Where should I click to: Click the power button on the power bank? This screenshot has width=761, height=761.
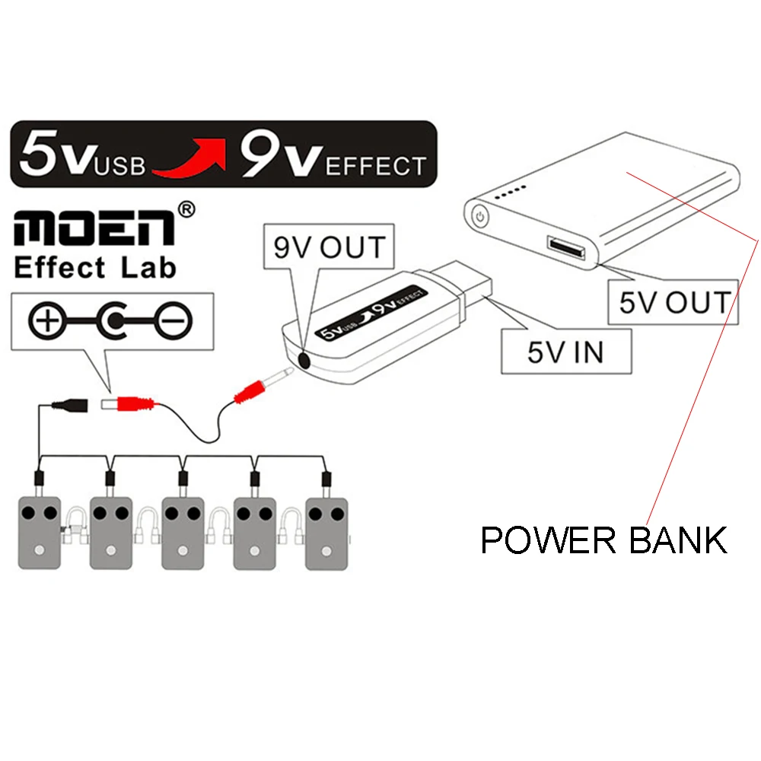(x=480, y=215)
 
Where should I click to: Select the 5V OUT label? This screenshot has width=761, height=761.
(x=673, y=302)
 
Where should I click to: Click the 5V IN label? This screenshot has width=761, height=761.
(x=567, y=352)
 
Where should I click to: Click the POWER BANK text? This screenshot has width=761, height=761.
(x=603, y=540)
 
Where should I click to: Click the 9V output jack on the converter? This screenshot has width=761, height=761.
(x=304, y=358)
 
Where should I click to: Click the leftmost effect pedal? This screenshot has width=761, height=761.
(x=40, y=532)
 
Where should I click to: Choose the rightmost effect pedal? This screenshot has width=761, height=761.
(x=326, y=532)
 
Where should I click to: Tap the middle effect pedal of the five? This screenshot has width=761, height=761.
(x=183, y=532)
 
